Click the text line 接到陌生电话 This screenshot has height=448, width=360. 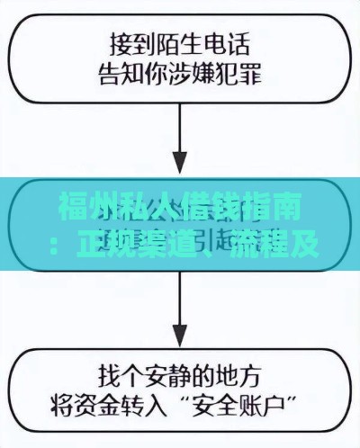click(x=180, y=41)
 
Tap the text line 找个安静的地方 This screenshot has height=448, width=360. click(x=180, y=372)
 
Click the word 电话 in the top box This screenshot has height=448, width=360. click(x=225, y=41)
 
